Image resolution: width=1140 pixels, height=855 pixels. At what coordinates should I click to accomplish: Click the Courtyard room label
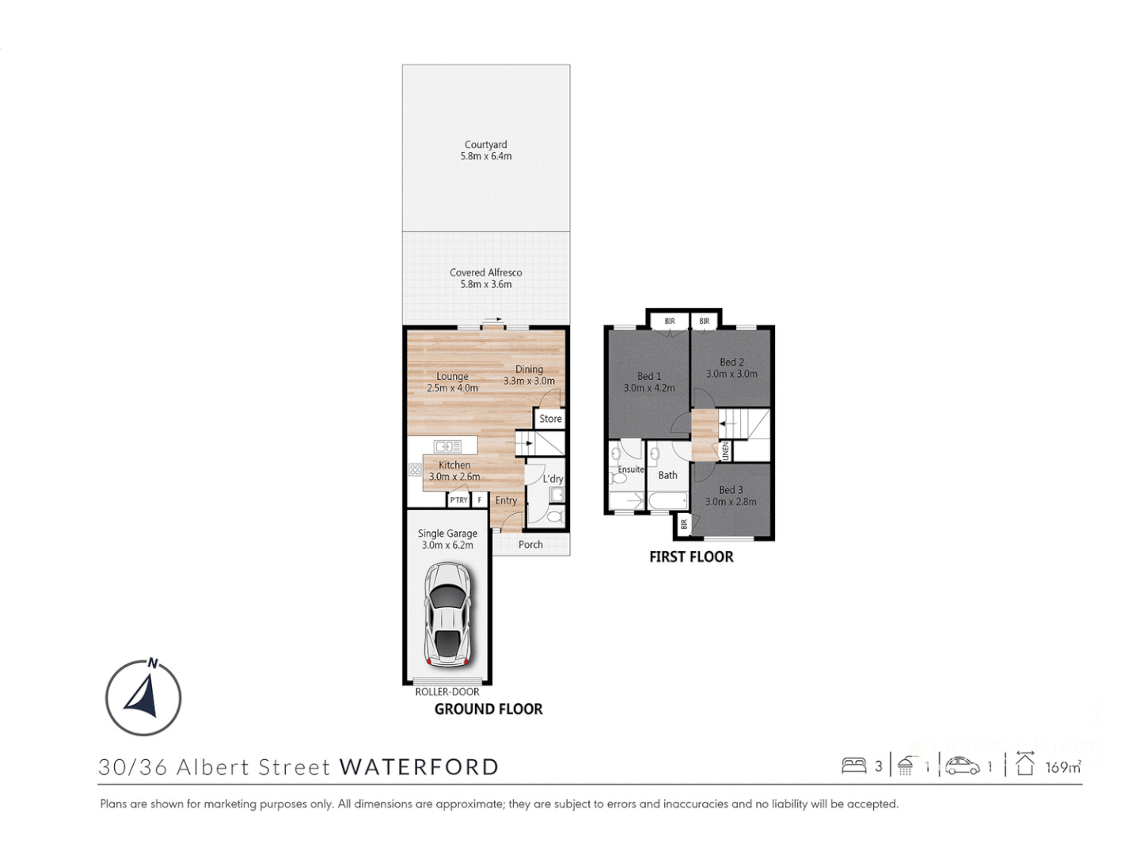point(486,150)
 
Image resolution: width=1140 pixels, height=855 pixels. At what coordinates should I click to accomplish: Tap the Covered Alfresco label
point(486,278)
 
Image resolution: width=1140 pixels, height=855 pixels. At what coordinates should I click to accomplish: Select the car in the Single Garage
point(447,614)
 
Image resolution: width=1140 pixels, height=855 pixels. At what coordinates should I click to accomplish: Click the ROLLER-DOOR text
point(447,692)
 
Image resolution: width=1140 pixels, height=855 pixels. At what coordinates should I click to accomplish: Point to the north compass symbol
point(143,697)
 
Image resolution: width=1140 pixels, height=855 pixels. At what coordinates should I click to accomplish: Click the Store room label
point(550,419)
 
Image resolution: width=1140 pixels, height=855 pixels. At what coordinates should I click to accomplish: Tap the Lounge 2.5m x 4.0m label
point(452,382)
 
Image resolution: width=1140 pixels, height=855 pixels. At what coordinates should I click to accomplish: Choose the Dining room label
point(529,374)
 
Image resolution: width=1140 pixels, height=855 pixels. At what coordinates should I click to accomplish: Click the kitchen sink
point(447,446)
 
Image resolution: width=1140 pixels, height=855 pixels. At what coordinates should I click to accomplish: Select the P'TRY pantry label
point(458,500)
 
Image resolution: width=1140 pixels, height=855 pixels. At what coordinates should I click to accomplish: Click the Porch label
point(530,545)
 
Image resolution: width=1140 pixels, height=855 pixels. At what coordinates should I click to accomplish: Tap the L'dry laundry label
point(553,479)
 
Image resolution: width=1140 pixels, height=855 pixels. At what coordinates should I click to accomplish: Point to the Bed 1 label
point(649,382)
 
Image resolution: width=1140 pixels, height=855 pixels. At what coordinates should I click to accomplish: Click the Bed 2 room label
point(731,368)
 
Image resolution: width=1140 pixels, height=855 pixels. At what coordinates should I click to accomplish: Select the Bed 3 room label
point(731,496)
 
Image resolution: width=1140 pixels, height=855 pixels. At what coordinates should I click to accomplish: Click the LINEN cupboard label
point(725,451)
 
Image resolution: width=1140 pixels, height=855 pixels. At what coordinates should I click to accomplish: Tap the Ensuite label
point(631,469)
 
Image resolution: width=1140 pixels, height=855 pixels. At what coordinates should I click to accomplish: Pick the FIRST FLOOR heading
point(691,557)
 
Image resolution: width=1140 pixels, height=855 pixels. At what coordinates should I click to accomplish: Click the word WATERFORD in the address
point(419,767)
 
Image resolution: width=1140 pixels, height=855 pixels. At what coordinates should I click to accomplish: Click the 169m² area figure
point(1063,767)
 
